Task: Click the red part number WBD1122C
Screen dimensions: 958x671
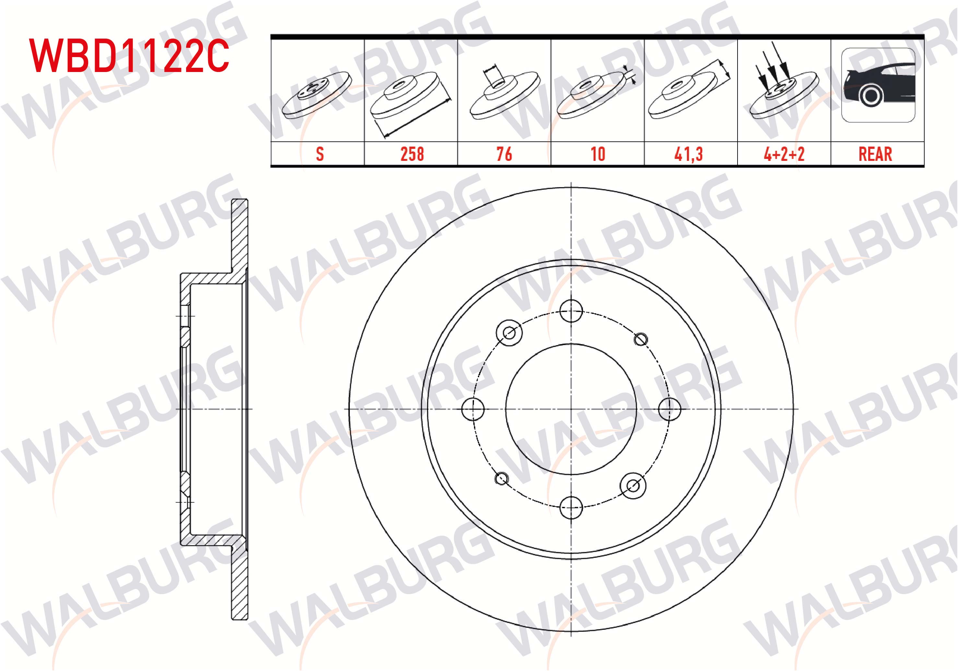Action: coord(129,56)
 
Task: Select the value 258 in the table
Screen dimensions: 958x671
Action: coord(412,154)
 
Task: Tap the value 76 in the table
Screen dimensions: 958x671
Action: coord(504,154)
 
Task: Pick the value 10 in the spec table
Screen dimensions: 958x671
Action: coord(598,154)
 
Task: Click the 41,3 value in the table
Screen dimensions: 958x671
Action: coord(689,154)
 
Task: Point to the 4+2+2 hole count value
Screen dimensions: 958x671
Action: coord(784,154)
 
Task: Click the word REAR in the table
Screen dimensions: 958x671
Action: coord(875,154)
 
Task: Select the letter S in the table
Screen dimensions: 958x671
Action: coord(320,154)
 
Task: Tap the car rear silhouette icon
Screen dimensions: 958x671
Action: coord(878,85)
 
